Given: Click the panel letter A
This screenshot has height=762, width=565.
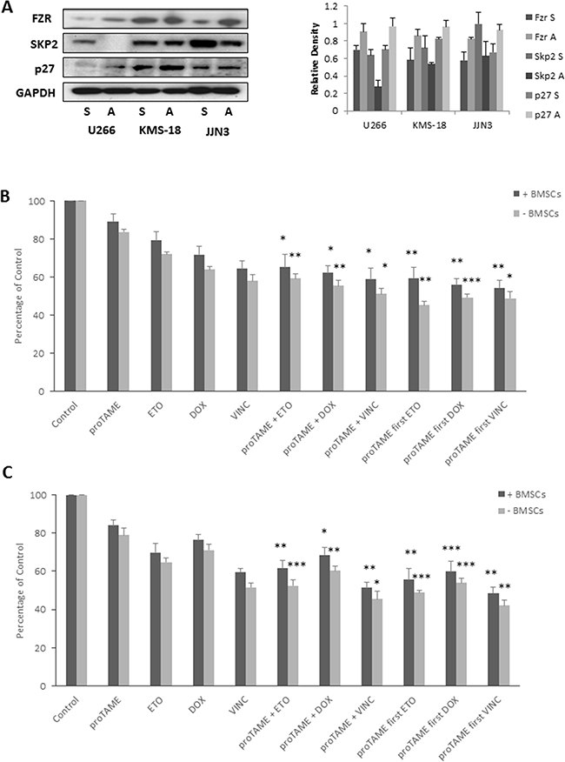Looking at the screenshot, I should point(8,8).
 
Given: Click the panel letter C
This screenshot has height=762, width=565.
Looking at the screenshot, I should point(8,471).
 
